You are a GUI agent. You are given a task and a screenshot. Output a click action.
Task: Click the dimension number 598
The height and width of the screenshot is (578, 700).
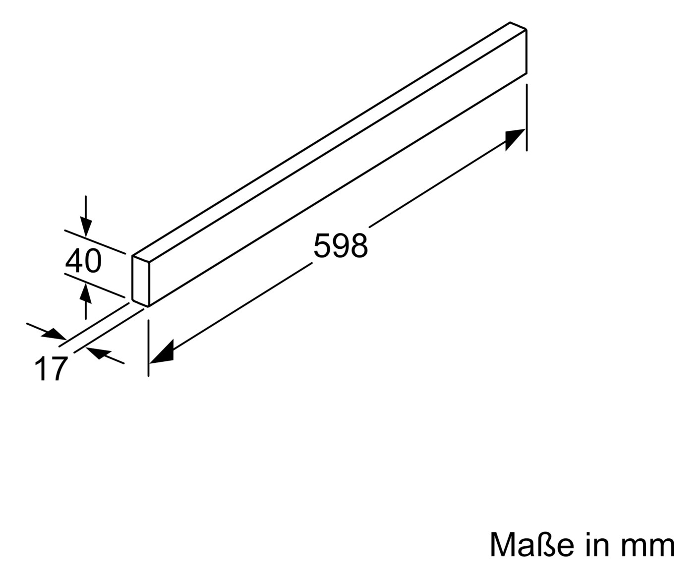click(x=341, y=246)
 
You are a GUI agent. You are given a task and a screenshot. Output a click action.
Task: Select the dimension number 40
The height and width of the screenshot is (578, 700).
click(x=83, y=261)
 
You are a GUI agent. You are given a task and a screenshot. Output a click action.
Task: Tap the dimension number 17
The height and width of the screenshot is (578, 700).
click(x=51, y=368)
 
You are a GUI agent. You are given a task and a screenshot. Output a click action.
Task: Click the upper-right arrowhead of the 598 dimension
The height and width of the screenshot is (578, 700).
click(x=515, y=139)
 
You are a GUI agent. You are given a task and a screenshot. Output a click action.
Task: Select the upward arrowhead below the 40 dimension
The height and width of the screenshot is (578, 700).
click(x=85, y=293)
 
